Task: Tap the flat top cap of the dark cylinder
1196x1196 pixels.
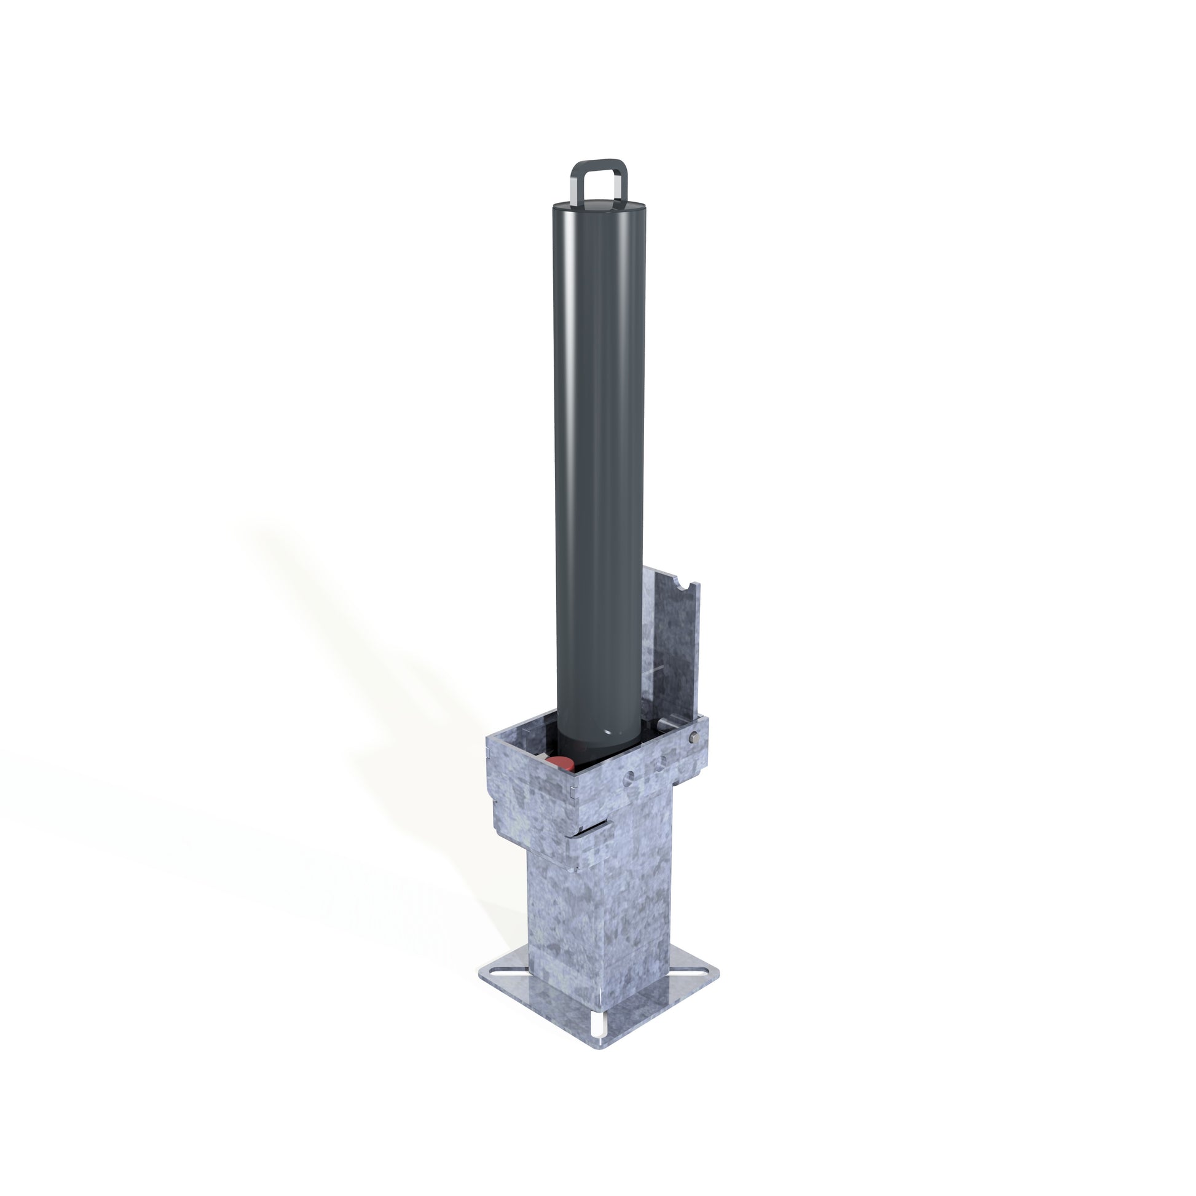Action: click(x=598, y=207)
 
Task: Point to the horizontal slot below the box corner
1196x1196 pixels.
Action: click(x=595, y=828)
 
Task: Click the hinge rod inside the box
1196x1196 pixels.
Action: click(x=672, y=723)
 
